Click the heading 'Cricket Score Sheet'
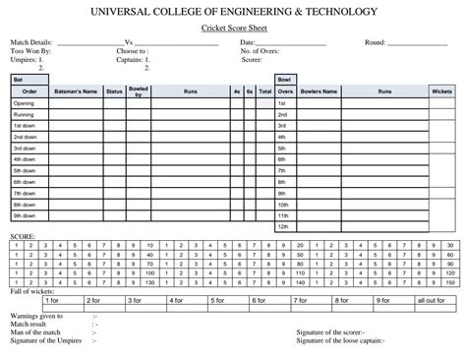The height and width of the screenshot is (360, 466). point(233,31)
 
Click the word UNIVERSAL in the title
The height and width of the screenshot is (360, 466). point(126,12)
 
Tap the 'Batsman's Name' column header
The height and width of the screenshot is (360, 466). point(76,91)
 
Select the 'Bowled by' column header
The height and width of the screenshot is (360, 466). point(139,91)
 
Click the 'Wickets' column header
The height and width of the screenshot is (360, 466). point(441,91)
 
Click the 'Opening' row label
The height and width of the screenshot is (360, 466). point(24,103)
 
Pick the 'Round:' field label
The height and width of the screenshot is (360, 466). point(375,43)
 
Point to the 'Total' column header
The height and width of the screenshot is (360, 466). point(264,91)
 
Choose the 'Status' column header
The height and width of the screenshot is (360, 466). point(114,91)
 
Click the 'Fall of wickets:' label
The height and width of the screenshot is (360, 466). point(33,291)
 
